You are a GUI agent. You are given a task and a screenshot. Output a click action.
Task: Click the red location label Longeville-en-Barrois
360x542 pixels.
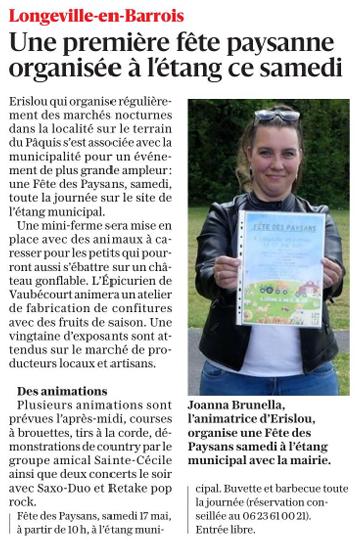[96, 16]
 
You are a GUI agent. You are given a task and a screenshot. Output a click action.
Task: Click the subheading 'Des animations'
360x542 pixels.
[62, 391]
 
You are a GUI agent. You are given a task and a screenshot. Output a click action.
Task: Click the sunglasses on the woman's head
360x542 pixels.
[276, 117]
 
